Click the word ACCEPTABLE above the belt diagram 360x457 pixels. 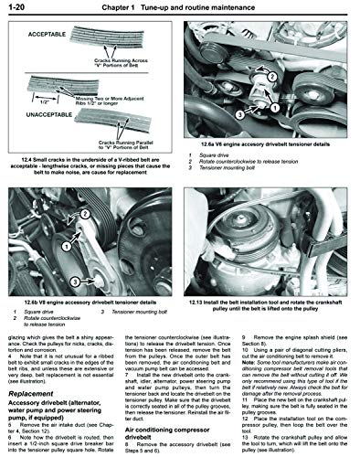(43, 27)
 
